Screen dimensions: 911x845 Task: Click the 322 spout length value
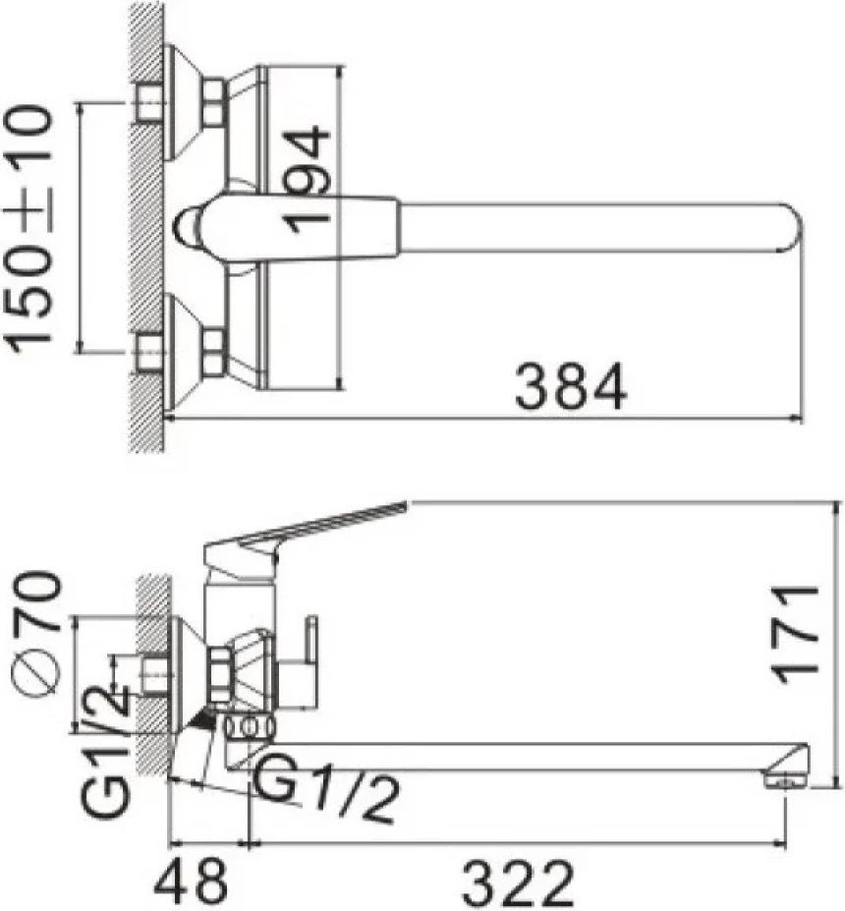click(x=518, y=883)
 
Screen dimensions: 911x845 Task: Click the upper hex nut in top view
click(x=213, y=102)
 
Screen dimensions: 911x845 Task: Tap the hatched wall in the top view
click(x=147, y=226)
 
